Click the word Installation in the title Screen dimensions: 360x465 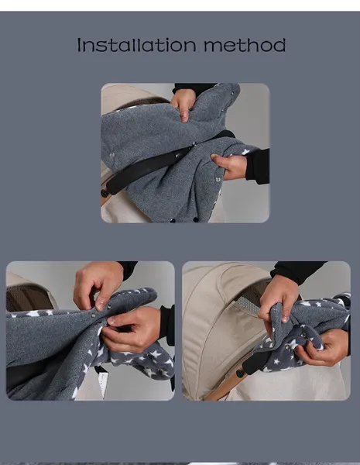point(136,45)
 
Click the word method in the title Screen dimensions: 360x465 point(245,45)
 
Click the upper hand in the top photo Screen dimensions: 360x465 point(183,104)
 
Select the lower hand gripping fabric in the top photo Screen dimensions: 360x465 point(230,166)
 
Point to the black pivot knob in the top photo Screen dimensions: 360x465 point(105,193)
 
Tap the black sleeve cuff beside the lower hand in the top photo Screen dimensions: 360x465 point(258,166)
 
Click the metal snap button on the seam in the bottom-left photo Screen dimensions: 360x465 point(94,316)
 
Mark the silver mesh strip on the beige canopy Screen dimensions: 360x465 point(248,305)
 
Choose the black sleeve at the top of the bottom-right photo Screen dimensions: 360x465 point(298,270)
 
